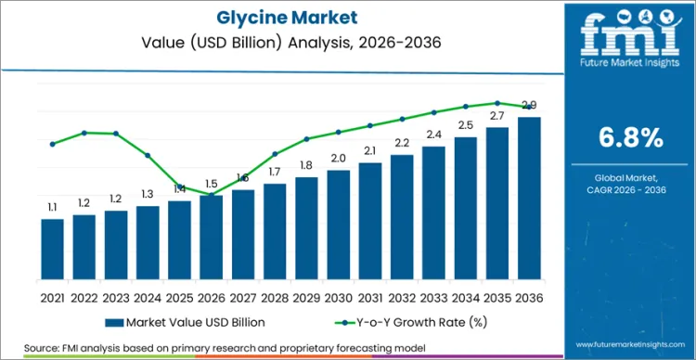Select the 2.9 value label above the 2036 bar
coord(529,105)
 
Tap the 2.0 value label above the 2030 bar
coord(339,159)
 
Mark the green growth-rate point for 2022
coord(84,133)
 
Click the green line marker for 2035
coord(497,103)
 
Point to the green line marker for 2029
coord(307,139)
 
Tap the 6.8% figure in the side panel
coord(629,138)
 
